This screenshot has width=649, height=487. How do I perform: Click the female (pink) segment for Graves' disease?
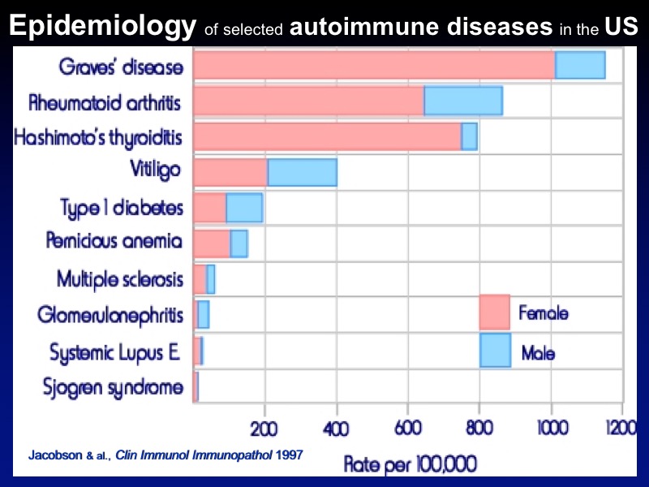tap(373, 64)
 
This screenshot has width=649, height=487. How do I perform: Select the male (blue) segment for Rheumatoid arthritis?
tap(462, 100)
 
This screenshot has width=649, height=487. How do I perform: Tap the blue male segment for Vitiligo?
tap(302, 172)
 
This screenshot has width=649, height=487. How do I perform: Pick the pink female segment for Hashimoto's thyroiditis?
tap(327, 136)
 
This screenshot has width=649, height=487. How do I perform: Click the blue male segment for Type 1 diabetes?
tap(244, 208)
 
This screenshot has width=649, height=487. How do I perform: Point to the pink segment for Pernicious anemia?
tap(212, 243)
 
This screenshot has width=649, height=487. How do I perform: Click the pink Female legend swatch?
tap(494, 312)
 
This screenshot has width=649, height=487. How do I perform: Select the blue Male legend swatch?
tap(495, 350)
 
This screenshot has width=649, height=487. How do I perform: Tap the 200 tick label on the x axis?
tap(264, 429)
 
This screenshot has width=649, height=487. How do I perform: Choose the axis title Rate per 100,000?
tap(410, 464)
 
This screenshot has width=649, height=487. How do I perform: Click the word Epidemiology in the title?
tap(102, 26)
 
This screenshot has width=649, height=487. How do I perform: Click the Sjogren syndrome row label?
tap(113, 387)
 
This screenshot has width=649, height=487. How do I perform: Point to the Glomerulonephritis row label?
tap(110, 315)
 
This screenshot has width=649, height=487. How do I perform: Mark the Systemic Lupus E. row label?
tap(116, 352)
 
